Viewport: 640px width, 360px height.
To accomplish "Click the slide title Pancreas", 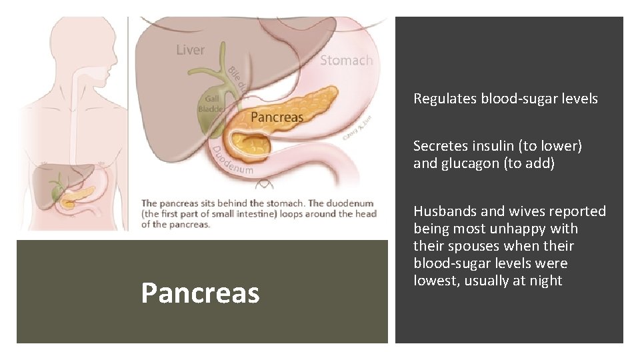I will (200, 293).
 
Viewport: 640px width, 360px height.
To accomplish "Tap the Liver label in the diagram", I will (191, 50).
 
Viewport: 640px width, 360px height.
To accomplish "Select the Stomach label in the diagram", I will (346, 61).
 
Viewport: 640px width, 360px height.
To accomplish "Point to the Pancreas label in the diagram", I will (277, 117).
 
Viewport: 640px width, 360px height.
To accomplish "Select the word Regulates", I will (445, 99).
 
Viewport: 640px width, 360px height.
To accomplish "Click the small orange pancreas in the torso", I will (77, 195).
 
